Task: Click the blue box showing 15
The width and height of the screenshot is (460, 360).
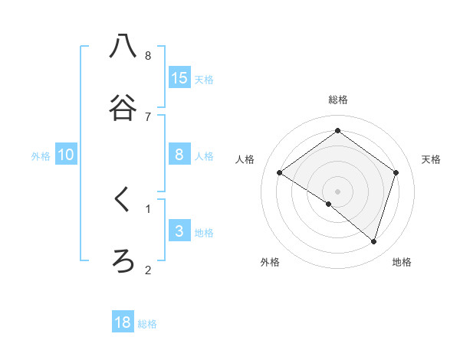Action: (179, 77)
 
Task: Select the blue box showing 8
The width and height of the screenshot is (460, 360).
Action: (179, 155)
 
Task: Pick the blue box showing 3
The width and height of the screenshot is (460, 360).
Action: (179, 231)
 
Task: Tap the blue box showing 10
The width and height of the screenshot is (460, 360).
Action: (66, 155)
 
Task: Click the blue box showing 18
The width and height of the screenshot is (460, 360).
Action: (123, 322)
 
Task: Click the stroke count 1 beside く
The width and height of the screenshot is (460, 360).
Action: (148, 208)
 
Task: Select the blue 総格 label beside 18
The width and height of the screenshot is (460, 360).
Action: (147, 324)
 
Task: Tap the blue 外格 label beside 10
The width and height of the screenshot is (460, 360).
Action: (41, 156)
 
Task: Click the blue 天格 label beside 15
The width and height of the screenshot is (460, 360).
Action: (204, 79)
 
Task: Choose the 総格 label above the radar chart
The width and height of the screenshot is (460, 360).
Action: (338, 100)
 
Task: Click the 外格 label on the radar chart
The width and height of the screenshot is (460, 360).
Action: (270, 262)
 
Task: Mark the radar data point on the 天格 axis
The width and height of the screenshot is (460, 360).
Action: (396, 173)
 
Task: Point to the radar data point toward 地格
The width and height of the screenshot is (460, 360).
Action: (373, 241)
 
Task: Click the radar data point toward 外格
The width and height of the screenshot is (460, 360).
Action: (329, 204)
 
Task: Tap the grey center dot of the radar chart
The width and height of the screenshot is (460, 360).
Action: (338, 191)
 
